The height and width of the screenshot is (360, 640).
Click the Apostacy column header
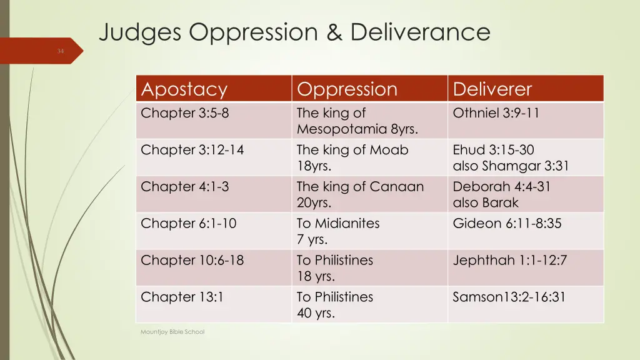coord(184,89)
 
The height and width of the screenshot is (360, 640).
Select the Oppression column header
coord(347,89)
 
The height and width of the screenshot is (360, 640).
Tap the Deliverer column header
coord(492,89)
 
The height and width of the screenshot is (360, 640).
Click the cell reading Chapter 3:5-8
coord(181,113)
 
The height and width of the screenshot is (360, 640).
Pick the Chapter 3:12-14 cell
coord(192,150)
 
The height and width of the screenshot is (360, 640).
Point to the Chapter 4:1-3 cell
coord(184,187)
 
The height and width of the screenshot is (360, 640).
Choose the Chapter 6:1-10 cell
coord(188,223)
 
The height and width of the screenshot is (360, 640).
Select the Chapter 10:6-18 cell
coord(192,260)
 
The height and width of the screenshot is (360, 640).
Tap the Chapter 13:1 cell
coord(182,297)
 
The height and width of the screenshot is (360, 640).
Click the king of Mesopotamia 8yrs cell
coord(357,121)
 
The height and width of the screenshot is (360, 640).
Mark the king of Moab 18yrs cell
coord(352,157)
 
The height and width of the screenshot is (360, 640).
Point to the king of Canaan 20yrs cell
coord(360,194)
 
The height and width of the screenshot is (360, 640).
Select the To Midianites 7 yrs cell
coord(338,231)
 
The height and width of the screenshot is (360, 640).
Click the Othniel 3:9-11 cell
coord(496,113)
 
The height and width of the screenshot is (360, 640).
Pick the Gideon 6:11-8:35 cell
coord(507,223)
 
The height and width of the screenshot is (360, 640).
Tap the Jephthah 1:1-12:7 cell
coord(509,260)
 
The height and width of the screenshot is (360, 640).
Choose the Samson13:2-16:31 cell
coord(509,297)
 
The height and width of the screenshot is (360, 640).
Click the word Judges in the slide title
coord(140,31)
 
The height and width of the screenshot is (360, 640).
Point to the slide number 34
coord(61,51)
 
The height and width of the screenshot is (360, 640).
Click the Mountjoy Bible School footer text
coord(172,332)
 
